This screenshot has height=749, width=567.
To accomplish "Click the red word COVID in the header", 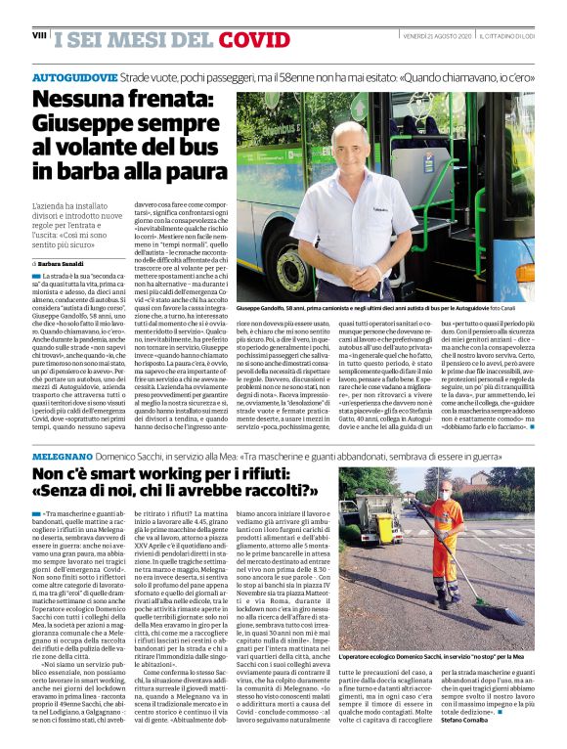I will pyautogui.click(x=255, y=39).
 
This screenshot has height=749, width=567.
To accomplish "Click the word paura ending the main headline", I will pyautogui.click(x=196, y=170).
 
